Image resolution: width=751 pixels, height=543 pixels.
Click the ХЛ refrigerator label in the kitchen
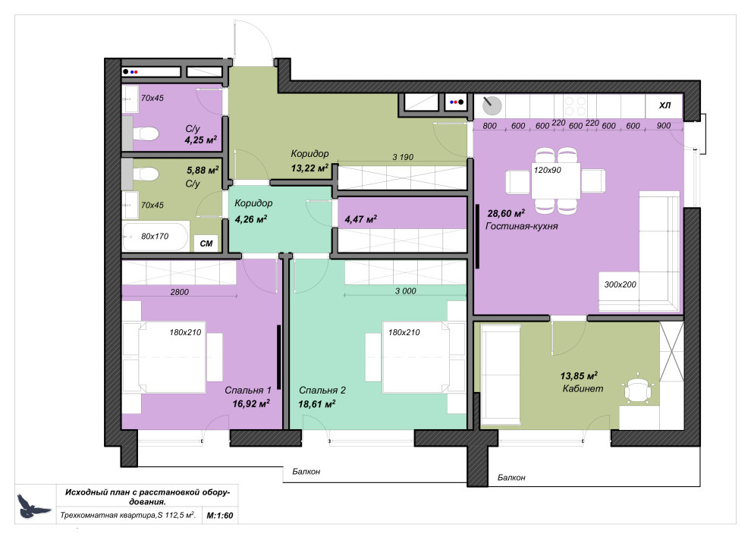pyautogui.click(x=665, y=105)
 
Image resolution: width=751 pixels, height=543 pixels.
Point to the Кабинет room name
pyautogui.click(x=582, y=389)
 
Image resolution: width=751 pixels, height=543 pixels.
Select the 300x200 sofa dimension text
pyautogui.click(x=621, y=284)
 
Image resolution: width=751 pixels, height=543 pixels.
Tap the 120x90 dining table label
pyautogui.click(x=548, y=170)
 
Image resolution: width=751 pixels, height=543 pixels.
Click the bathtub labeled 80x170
pyautogui.click(x=155, y=236)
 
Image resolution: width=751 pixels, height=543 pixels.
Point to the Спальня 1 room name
pyautogui.click(x=247, y=390)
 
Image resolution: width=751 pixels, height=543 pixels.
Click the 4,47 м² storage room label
pyautogui.click(x=360, y=219)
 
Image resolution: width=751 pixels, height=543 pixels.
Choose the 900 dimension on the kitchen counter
pyautogui.click(x=663, y=126)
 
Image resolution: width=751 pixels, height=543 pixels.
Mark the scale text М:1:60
pyautogui.click(x=220, y=515)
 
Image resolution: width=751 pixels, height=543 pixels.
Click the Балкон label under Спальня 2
pyautogui.click(x=306, y=472)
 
